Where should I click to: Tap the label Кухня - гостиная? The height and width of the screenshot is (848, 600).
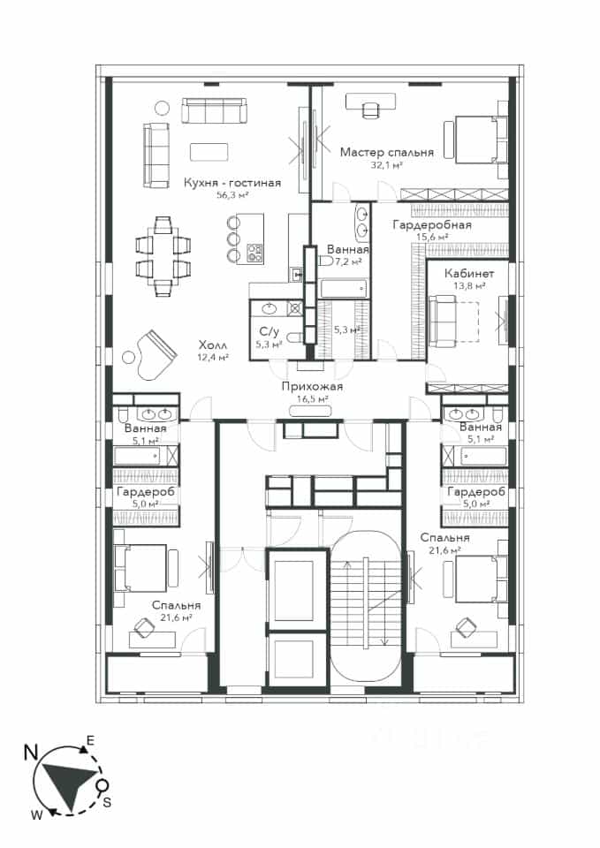tap(232, 183)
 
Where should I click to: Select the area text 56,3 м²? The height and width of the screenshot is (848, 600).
tap(232, 195)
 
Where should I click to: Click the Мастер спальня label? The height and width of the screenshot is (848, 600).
tap(387, 153)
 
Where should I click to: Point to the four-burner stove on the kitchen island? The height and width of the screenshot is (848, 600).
tap(254, 254)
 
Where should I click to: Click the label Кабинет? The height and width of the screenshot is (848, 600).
tap(469, 274)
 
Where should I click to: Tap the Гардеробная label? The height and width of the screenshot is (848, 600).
tap(432, 224)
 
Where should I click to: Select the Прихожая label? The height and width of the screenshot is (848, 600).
tap(312, 387)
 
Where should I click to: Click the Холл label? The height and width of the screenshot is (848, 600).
tap(213, 345)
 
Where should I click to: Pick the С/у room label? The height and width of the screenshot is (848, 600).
tap(269, 332)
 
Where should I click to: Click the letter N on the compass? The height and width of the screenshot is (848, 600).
tap(31, 753)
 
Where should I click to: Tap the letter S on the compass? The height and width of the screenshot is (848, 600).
tap(107, 803)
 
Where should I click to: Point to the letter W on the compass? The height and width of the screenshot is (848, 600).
tap(36, 816)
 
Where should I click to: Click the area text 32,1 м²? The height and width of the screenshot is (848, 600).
tap(387, 165)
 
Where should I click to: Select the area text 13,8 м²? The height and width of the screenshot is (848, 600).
tap(469, 286)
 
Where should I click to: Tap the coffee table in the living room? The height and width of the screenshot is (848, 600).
tap(209, 152)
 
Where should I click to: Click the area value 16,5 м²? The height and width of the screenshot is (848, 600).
tap(313, 399)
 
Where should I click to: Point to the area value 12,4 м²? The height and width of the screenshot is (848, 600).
tap(213, 357)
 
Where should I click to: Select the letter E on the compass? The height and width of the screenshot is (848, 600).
tap(91, 741)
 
